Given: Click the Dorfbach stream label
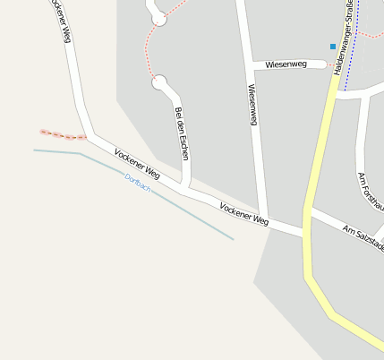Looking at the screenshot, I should (138, 183).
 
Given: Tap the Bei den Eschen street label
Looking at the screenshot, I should (183, 133).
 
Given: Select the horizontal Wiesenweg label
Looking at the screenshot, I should (286, 64).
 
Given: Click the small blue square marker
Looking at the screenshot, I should (333, 46).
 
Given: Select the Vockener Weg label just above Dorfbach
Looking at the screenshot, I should (137, 162).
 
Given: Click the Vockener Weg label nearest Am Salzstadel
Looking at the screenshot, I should (243, 213).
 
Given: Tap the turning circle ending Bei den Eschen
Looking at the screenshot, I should (160, 84).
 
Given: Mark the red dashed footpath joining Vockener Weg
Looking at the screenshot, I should (63, 135).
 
